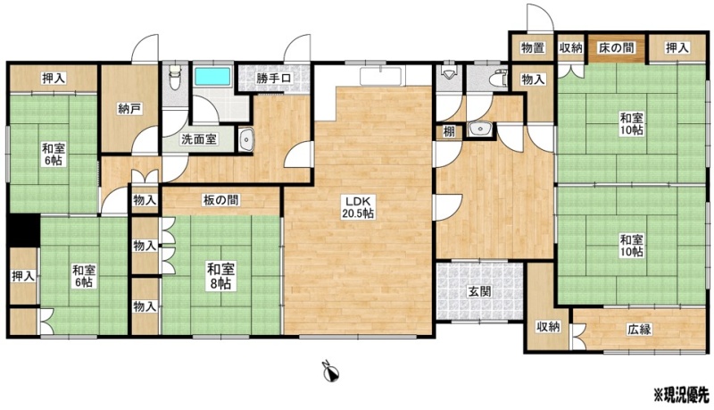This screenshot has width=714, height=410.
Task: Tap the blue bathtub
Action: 213,76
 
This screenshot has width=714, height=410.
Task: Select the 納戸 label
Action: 129,109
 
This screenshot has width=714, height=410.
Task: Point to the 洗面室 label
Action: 198,139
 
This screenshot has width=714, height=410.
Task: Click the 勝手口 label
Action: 273,78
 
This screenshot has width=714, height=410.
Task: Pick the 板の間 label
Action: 220,199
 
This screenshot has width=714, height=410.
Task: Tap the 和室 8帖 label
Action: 220,276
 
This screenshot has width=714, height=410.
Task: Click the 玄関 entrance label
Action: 480,291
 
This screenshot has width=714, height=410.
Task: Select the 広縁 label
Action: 639,329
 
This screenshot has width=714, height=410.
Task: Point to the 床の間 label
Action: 617,47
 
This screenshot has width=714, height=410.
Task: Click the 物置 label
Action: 533,47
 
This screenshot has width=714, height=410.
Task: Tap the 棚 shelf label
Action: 449,132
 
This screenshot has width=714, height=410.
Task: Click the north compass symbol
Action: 329,372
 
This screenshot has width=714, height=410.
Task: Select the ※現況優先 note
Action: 681,392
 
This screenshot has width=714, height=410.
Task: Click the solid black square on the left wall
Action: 23,230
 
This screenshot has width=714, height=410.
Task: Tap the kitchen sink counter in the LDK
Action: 380,76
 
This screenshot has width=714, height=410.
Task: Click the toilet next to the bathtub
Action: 173,77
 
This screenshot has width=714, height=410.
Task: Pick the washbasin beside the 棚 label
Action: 478,130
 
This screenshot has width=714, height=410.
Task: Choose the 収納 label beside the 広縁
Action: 547,326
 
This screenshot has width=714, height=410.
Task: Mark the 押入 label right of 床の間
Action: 677,47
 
